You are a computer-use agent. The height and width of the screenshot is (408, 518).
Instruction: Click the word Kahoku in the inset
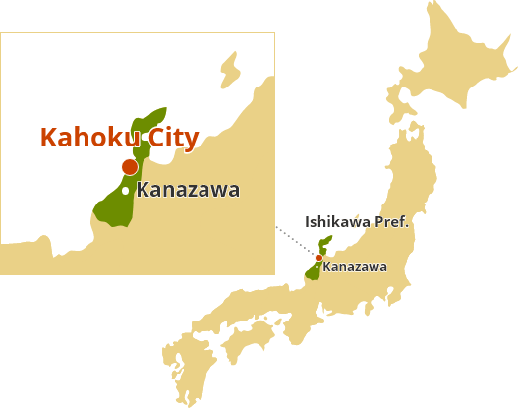click(x=89, y=138)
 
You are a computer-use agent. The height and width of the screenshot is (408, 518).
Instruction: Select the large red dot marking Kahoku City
click(x=129, y=167)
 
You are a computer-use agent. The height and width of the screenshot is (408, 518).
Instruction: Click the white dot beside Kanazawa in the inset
click(x=125, y=190)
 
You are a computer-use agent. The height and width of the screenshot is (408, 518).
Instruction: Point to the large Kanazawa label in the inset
click(x=188, y=190)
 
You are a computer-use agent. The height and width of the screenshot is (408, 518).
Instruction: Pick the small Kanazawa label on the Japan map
click(x=355, y=266)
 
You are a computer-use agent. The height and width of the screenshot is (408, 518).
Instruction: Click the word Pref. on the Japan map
click(x=390, y=222)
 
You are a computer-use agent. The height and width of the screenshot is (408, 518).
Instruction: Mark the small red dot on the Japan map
click(x=318, y=258)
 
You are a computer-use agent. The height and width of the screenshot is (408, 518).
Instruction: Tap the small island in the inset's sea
click(x=230, y=69)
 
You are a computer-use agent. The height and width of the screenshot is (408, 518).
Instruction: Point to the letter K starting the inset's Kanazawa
click(x=144, y=190)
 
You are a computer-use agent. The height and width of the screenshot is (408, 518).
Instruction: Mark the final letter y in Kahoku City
click(x=192, y=141)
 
